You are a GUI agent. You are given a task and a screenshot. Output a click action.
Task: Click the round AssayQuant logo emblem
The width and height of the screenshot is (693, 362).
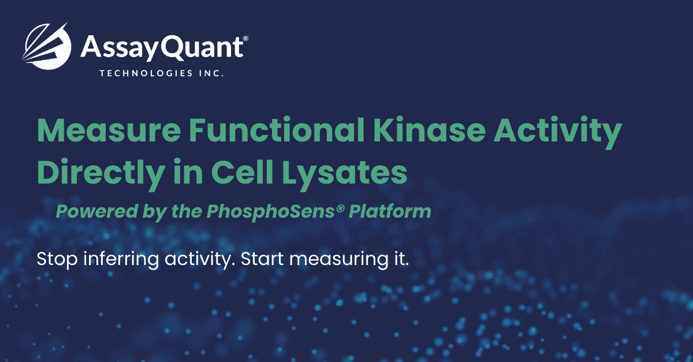pos(46,46)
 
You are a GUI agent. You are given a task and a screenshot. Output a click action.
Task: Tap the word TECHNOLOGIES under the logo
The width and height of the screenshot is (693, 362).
pos(141,73)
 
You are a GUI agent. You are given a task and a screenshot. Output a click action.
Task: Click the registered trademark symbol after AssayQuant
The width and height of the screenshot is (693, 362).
pos(245,38)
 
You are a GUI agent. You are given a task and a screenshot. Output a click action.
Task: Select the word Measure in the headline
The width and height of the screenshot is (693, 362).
pos(109,130)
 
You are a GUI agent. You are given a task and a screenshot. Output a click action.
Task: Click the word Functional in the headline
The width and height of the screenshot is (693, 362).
pos(277,129)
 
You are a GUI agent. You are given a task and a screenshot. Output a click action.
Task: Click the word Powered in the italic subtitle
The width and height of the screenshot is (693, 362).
pos(97,211)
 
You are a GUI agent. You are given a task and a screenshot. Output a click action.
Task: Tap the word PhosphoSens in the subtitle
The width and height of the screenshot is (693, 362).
pos(271,212)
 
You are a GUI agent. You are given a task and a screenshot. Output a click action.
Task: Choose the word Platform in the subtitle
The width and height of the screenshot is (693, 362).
pos(390,211)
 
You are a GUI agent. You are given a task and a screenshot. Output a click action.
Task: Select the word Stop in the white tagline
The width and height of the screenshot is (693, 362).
pos(57,259)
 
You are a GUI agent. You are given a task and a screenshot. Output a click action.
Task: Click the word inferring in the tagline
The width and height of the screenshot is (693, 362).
pos(121,259)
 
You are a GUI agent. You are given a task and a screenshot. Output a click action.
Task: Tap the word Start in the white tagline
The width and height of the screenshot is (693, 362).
pos(262,259)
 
